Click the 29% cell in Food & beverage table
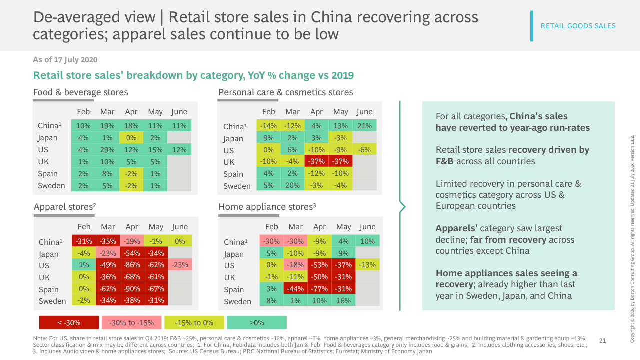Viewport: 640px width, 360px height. click(x=107, y=150)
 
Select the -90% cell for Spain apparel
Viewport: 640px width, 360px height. click(x=132, y=289)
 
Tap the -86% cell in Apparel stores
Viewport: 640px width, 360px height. click(x=132, y=265)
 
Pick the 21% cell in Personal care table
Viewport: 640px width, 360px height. click(x=365, y=126)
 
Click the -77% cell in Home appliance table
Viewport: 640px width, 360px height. click(x=319, y=289)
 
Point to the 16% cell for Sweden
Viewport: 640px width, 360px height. click(x=343, y=301)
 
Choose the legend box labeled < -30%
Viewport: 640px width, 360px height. click(x=69, y=322)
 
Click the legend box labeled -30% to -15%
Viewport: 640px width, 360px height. click(x=131, y=322)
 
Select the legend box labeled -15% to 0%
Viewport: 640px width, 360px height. click(x=194, y=322)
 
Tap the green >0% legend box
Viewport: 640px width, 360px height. click(x=256, y=322)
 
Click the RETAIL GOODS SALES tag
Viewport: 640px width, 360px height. click(x=578, y=26)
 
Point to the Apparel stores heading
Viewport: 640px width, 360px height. click(x=65, y=206)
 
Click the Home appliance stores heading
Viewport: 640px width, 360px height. click(x=267, y=206)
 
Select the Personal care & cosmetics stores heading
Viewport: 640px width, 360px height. click(x=286, y=92)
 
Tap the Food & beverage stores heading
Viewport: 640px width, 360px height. click(x=80, y=92)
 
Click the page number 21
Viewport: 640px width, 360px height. click(x=602, y=341)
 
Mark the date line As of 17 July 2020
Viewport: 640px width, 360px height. click(x=65, y=60)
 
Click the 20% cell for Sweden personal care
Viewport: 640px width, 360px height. click(x=292, y=186)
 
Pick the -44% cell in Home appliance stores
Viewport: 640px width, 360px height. click(x=295, y=289)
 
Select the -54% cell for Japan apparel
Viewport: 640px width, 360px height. click(x=132, y=253)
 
